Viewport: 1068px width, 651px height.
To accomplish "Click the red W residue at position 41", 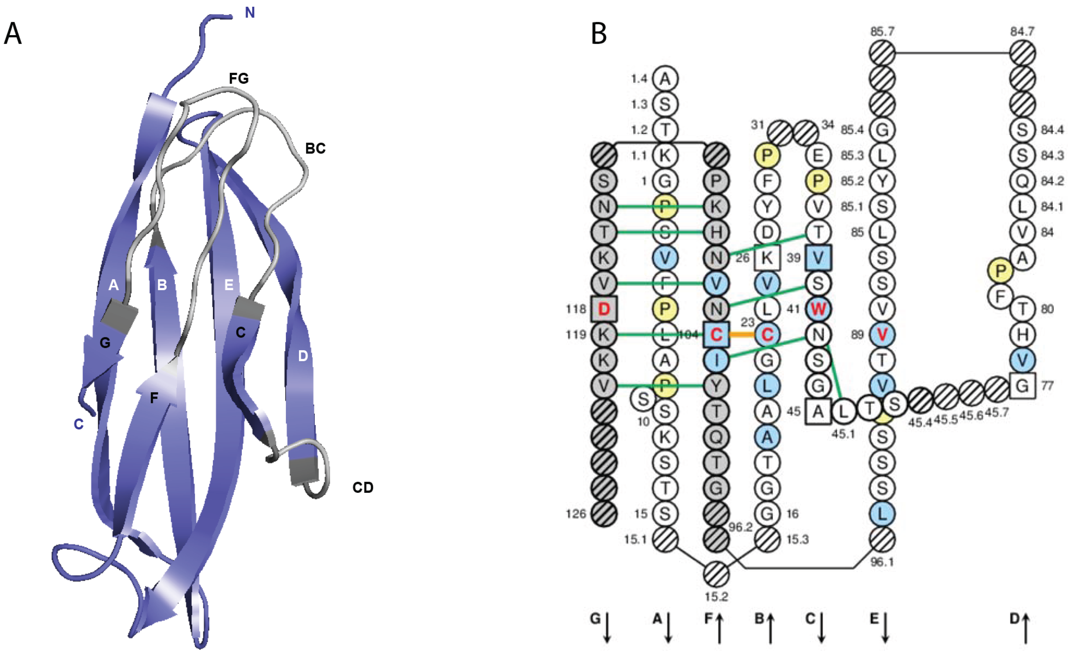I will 818,309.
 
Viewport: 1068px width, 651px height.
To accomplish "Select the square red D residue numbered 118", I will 604,309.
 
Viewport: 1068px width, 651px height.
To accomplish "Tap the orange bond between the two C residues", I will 742,334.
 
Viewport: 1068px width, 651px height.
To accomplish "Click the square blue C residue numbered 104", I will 716,334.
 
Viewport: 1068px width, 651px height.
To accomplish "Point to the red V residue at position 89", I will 882,334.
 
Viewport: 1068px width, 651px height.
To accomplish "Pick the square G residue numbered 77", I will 1022,386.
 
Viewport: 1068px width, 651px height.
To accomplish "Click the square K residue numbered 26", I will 767,258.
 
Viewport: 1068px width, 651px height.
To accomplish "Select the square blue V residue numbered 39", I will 818,258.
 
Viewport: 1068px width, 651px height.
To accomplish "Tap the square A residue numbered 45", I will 818,411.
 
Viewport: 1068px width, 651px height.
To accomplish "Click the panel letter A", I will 13,34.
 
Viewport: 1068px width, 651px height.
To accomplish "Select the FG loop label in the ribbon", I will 239,78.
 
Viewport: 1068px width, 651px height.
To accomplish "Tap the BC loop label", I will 315,149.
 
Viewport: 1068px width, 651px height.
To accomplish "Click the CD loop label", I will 363,488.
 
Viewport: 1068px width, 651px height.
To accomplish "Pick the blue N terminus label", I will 250,13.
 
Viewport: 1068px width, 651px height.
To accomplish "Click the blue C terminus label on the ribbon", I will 78,424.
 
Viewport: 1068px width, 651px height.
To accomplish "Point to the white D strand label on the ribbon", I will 303,356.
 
